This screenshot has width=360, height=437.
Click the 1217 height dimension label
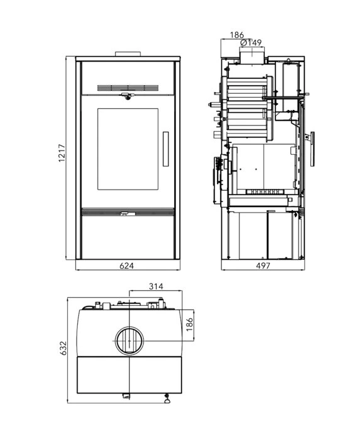coord(62,154)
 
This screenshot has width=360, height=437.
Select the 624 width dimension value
coord(127,266)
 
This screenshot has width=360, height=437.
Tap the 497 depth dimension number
coord(263,266)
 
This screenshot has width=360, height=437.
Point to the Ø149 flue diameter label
coord(251,43)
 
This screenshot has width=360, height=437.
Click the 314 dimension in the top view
coord(156,286)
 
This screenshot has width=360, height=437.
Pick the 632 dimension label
coord(63,348)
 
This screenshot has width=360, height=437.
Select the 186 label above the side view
coord(237,35)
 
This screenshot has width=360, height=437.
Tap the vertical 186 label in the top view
coord(190,324)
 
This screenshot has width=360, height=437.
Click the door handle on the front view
coord(165,149)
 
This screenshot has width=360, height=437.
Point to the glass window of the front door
coord(128,149)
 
